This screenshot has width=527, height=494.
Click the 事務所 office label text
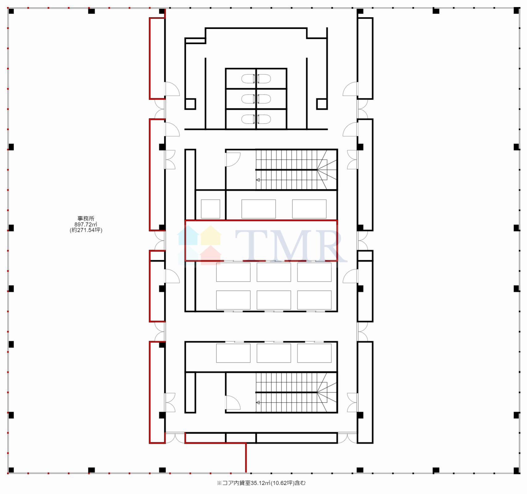click(86, 218)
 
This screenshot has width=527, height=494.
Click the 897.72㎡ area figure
click(86, 224)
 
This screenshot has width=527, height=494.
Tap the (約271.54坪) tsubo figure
click(86, 230)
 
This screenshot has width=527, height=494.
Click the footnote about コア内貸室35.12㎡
click(261, 483)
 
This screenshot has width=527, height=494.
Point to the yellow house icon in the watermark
click(211, 235)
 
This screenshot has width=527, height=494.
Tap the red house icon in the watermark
click(211, 255)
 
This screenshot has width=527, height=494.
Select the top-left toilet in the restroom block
click(248, 79)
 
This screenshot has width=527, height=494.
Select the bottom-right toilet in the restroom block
click(264, 119)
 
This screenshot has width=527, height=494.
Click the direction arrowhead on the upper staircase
click(258, 180)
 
